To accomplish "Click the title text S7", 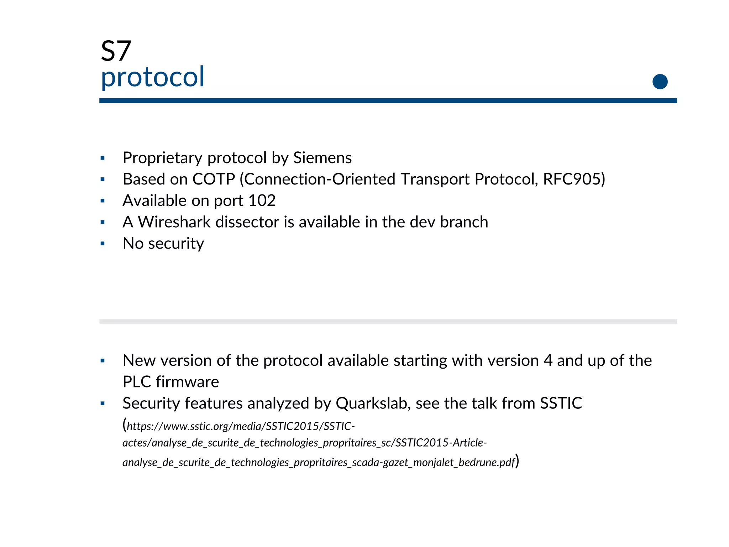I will click(116, 51).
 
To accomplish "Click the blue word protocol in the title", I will click(153, 77).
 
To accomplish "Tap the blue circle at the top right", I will click(660, 82).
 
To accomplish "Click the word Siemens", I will click(322, 158).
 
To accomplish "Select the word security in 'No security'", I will click(176, 244).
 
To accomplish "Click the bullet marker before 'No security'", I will click(103, 244).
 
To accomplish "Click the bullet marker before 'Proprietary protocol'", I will click(103, 158).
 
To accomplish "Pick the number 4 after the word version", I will click(548, 360).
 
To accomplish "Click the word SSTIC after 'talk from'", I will click(561, 403).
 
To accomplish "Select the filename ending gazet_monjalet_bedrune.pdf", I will click(449, 462).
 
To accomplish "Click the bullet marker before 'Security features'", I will click(103, 403).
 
